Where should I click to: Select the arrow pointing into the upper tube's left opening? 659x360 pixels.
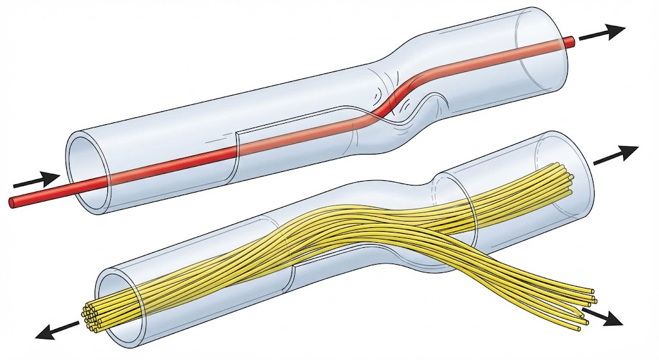point(36,179)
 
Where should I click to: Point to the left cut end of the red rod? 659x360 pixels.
point(12,202)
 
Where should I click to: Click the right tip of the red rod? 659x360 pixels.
point(570,41)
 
